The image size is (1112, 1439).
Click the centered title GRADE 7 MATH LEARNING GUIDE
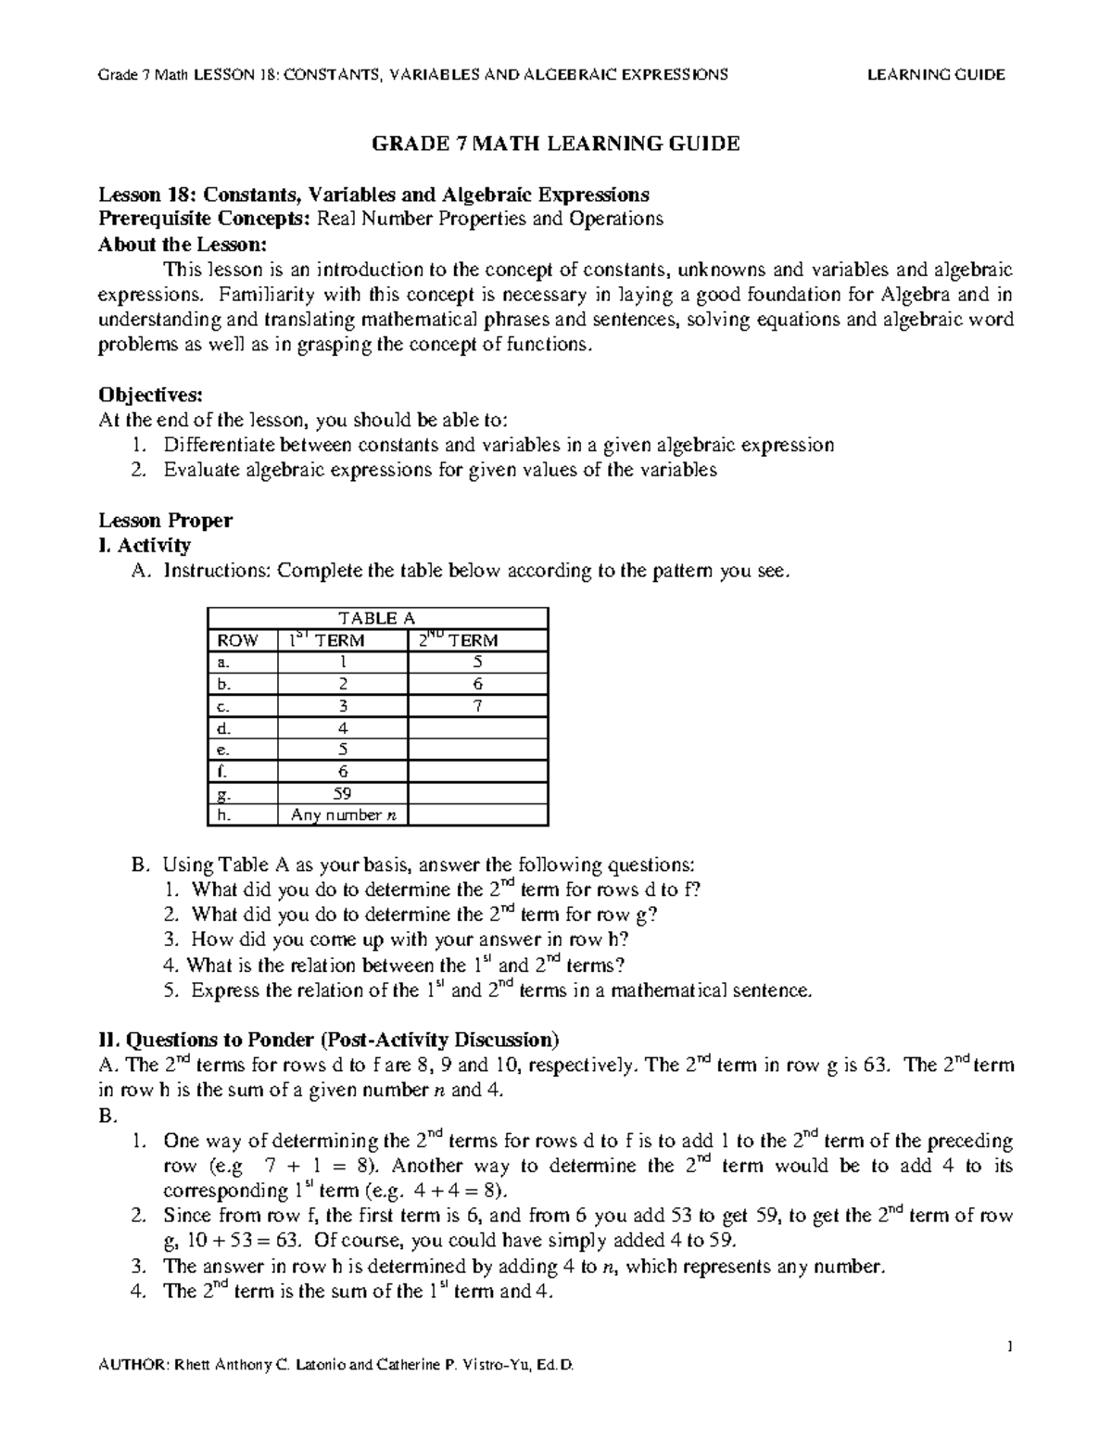(x=555, y=144)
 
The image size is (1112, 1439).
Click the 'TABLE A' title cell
(x=376, y=618)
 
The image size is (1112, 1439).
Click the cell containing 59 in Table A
(x=342, y=793)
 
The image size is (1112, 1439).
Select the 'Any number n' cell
(x=342, y=815)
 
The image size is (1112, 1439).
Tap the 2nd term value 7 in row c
(x=477, y=706)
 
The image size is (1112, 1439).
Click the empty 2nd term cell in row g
(x=477, y=793)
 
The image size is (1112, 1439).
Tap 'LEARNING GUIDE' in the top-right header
(x=935, y=75)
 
